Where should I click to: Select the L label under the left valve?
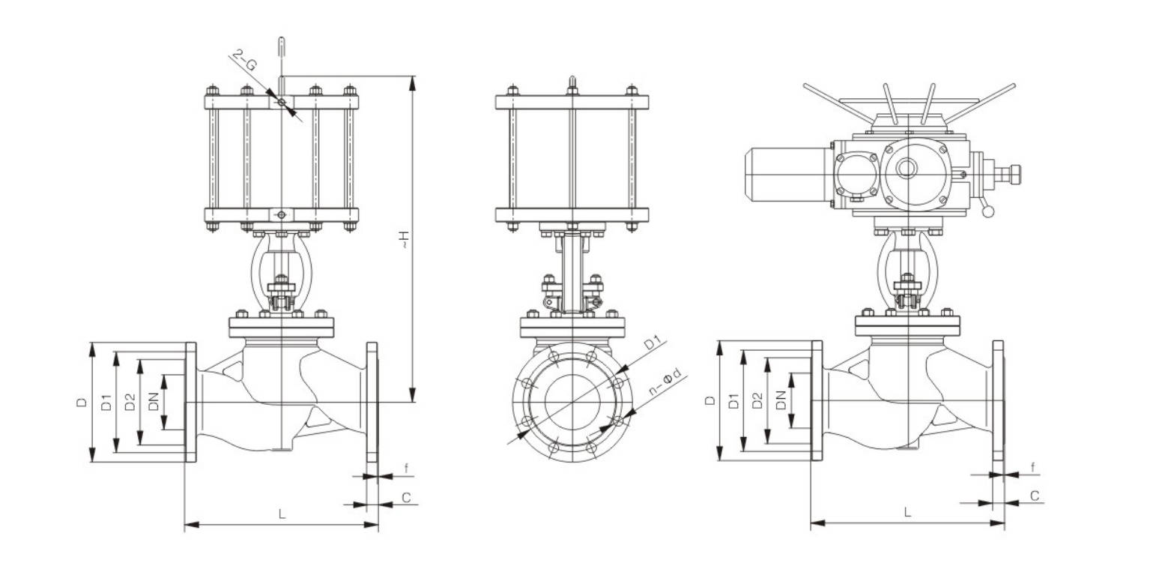282,514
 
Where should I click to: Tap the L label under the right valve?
907,512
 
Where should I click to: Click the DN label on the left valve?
154,402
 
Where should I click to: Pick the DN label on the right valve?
781,400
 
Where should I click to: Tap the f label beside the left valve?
406,469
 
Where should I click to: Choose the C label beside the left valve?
406,497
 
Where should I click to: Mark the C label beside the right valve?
1033,496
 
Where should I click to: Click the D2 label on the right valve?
757,400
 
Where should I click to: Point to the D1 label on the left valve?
106,402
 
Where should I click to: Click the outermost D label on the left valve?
82,402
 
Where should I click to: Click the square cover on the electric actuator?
856,174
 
